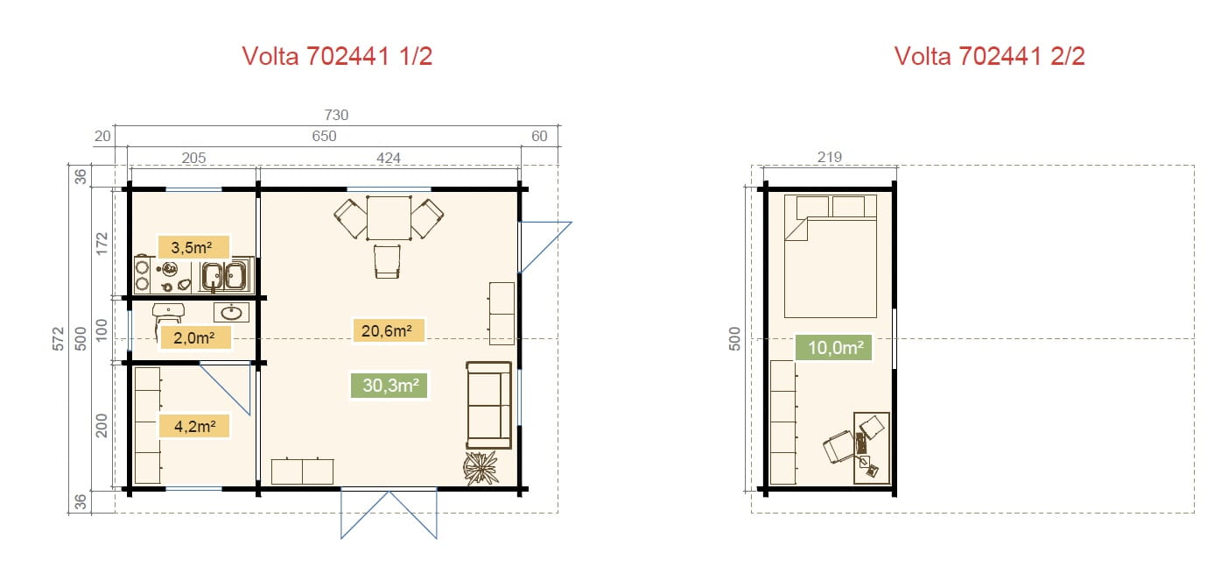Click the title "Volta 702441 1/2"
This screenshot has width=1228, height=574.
337,56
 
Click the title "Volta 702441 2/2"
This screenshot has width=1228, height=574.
990,56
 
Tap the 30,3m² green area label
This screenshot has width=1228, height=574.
389,386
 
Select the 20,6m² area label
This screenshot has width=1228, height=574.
389,330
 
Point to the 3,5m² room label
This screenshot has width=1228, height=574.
193,247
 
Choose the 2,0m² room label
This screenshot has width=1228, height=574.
194,337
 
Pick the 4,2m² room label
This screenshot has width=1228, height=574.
194,427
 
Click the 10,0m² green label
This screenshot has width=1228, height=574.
833,347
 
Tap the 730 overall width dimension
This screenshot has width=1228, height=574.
336,115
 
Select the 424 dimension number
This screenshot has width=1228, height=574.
388,158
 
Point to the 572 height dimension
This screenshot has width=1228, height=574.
58,338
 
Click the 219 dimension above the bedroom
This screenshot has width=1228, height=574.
830,157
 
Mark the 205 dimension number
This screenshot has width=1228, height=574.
193,158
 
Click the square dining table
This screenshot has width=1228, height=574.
389,218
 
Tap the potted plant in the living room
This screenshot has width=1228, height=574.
481,468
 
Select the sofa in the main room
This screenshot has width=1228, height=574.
489,405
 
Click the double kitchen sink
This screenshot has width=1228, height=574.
225,275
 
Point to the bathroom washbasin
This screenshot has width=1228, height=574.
231,312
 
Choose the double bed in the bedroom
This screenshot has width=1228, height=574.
830,256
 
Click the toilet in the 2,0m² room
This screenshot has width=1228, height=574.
168,315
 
